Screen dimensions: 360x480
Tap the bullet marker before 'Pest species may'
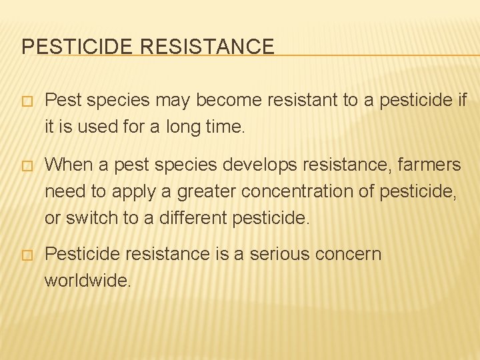[x=27, y=101]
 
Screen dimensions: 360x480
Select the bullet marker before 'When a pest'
[x=27, y=165]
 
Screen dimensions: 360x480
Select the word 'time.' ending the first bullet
[x=227, y=127]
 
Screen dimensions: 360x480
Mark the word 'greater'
[x=201, y=191]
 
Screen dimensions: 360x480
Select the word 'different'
[x=193, y=217]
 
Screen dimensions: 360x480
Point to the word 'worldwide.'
[x=88, y=281]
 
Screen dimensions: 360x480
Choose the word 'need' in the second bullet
[x=65, y=191]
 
